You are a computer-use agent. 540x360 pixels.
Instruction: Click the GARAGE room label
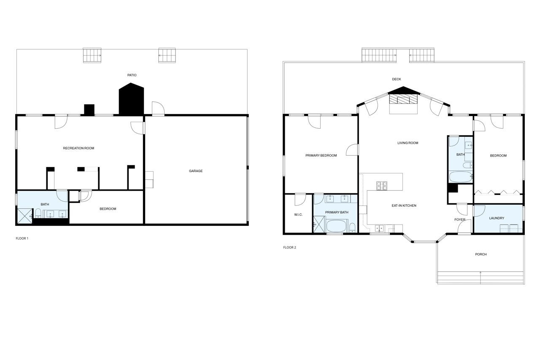coord(195,171)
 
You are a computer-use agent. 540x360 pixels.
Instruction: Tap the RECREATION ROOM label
coord(78,148)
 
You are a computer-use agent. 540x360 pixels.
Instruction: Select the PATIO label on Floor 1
coord(132,75)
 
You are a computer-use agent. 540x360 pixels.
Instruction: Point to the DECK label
coord(396,79)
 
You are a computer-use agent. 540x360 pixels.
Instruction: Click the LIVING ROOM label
coord(408,143)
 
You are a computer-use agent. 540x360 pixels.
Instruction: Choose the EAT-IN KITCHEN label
coord(404,206)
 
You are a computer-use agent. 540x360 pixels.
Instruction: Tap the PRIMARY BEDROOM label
coord(321,156)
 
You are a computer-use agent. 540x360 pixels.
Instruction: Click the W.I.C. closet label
coord(298,215)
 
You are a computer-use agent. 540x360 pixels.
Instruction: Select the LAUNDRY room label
coord(497,218)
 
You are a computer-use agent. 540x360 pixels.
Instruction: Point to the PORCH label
coord(481,254)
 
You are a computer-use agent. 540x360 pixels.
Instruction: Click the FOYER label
coord(459,220)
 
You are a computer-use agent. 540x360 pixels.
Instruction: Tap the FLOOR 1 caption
coord(22,238)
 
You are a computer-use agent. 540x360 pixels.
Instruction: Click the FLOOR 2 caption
coord(289,248)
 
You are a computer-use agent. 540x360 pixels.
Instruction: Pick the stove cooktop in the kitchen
coord(382,185)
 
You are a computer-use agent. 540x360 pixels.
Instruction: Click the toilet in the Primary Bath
coord(352,228)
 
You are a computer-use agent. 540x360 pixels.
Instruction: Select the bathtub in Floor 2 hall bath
coord(460,176)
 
